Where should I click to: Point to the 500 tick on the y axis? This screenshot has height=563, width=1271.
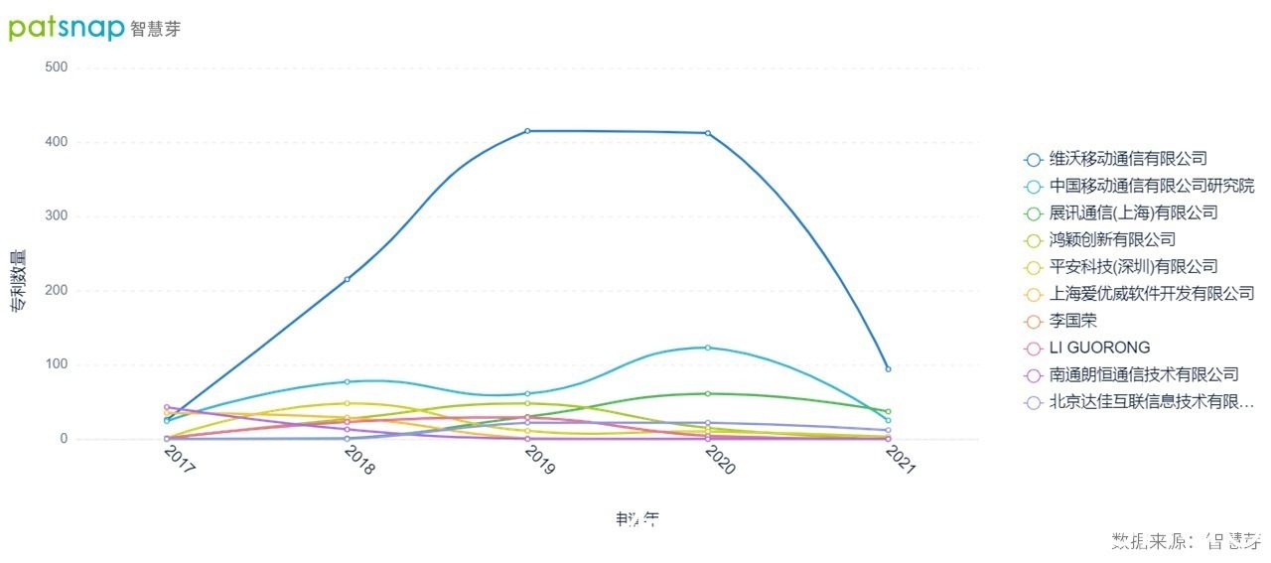coord(56,68)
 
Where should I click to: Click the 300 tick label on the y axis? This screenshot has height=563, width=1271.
coord(56,216)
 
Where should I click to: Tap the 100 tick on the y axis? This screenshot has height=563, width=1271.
coord(56,364)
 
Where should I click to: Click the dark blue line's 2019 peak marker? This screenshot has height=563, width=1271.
coord(527,131)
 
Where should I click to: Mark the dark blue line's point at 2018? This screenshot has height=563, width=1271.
coord(347,279)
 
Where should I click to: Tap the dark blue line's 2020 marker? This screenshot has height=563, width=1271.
coord(707,133)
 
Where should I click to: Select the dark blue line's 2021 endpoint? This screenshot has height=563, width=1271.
coord(888,369)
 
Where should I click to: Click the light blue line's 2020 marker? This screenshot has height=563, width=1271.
coord(707,348)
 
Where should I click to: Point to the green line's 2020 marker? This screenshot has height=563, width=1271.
coord(707,393)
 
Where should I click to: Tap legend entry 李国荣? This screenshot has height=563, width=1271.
coord(1072,321)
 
